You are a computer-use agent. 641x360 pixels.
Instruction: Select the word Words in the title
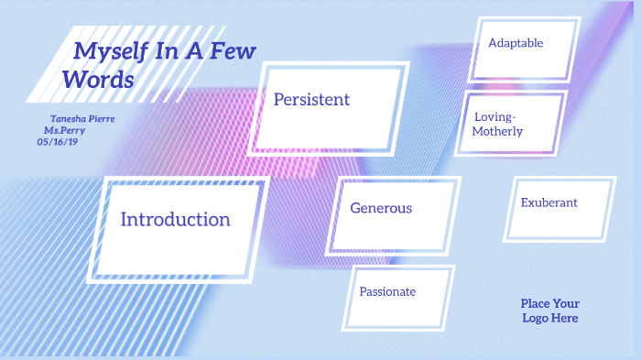tap(98, 80)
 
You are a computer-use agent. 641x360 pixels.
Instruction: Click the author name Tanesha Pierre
tap(82, 119)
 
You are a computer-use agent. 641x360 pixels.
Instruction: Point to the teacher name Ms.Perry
tap(77, 131)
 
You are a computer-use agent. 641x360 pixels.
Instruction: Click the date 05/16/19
tap(58, 142)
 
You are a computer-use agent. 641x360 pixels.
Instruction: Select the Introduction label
tap(175, 219)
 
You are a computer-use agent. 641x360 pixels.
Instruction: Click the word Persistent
tap(311, 99)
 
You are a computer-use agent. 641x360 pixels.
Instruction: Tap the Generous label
tap(381, 208)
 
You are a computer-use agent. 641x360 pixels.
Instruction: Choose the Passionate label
tap(387, 291)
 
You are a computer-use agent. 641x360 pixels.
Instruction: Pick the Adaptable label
tap(516, 43)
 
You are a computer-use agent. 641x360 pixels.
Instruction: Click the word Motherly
tap(497, 132)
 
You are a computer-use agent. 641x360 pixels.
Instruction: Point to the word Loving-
tap(495, 117)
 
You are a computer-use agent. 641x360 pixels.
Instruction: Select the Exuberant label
tap(549, 202)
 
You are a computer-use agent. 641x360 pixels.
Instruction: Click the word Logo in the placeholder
tap(538, 318)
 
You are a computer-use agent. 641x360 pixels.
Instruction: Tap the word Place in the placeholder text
tap(537, 303)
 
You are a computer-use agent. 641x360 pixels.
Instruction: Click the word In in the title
tap(165, 51)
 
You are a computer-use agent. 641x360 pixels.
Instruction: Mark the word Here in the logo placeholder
tap(565, 318)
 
